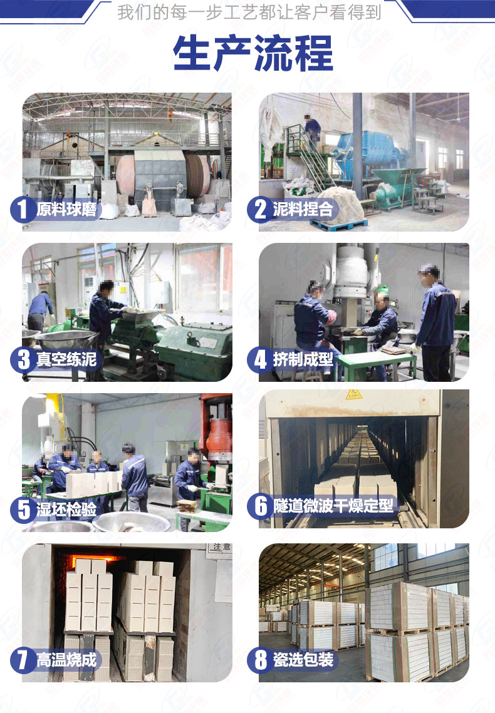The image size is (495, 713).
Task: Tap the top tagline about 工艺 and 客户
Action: (x=249, y=12)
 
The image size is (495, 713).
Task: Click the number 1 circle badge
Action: (x=23, y=209)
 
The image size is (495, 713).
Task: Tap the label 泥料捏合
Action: (x=303, y=209)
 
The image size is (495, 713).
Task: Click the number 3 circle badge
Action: (x=23, y=359)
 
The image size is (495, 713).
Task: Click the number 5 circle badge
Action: (x=23, y=510)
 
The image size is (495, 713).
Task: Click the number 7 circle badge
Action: (x=23, y=660)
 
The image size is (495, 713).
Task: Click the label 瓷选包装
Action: (x=303, y=660)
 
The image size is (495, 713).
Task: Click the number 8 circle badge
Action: (x=260, y=660)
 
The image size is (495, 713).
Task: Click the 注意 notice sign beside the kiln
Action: (x=221, y=547)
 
